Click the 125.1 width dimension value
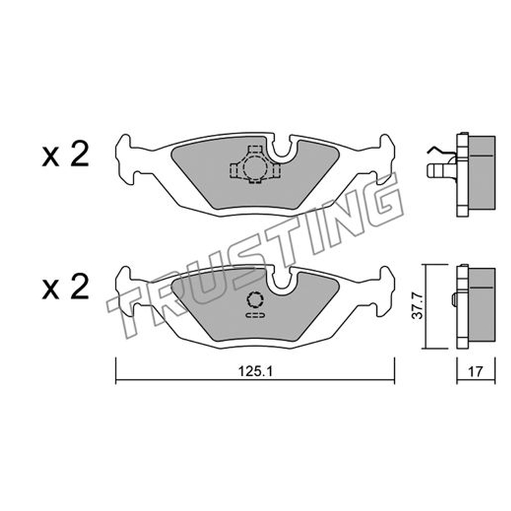pyautogui.click(x=255, y=371)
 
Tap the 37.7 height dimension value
pyautogui.click(x=418, y=306)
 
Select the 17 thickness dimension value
pyautogui.click(x=475, y=372)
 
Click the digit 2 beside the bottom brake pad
pyautogui.click(x=79, y=286)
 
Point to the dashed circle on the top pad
pyautogui.click(x=253, y=167)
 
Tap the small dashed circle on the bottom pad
pyautogui.click(x=255, y=299)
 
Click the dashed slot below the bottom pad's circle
pyautogui.click(x=255, y=315)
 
